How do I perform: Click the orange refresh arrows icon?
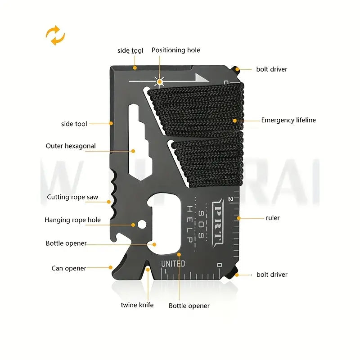(x=55, y=36)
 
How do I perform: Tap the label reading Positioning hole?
(x=175, y=50)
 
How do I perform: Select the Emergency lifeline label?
(x=288, y=120)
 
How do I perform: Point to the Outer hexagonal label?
(x=71, y=146)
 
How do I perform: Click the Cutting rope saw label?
(x=72, y=197)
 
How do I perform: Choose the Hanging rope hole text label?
(x=72, y=220)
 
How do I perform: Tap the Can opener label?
(x=69, y=269)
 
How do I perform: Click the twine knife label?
(x=137, y=305)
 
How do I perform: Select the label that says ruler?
(x=273, y=218)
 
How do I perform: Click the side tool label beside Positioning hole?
(x=130, y=50)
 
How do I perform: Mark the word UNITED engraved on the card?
(x=173, y=264)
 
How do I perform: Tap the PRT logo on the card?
(x=217, y=220)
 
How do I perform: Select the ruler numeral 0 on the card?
(x=219, y=265)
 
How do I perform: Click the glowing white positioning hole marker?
(x=159, y=81)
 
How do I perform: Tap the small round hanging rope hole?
(x=142, y=224)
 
